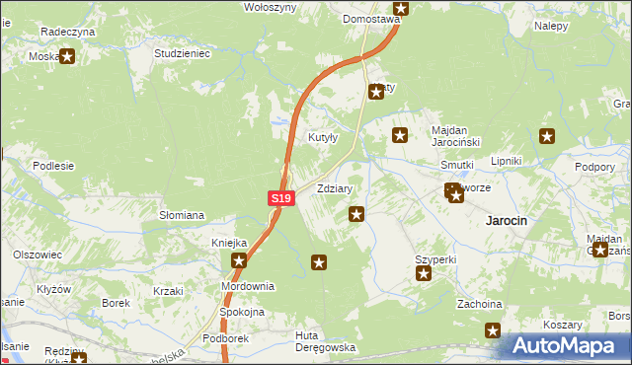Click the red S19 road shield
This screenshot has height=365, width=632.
[281, 198]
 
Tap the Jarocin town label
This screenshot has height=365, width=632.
[507, 221]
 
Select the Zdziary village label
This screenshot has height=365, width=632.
[335, 187]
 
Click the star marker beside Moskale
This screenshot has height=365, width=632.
[67, 57]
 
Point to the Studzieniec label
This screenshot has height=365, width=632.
[183, 53]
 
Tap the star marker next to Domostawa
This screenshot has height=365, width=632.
[400, 8]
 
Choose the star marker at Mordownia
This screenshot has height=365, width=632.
[240, 261]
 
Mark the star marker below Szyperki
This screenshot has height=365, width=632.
[424, 274]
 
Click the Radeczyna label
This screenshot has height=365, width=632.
[67, 32]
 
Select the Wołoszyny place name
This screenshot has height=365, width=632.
[271, 7]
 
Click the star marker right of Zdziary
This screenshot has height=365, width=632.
[356, 213]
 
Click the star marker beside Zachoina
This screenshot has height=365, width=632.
[493, 330]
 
